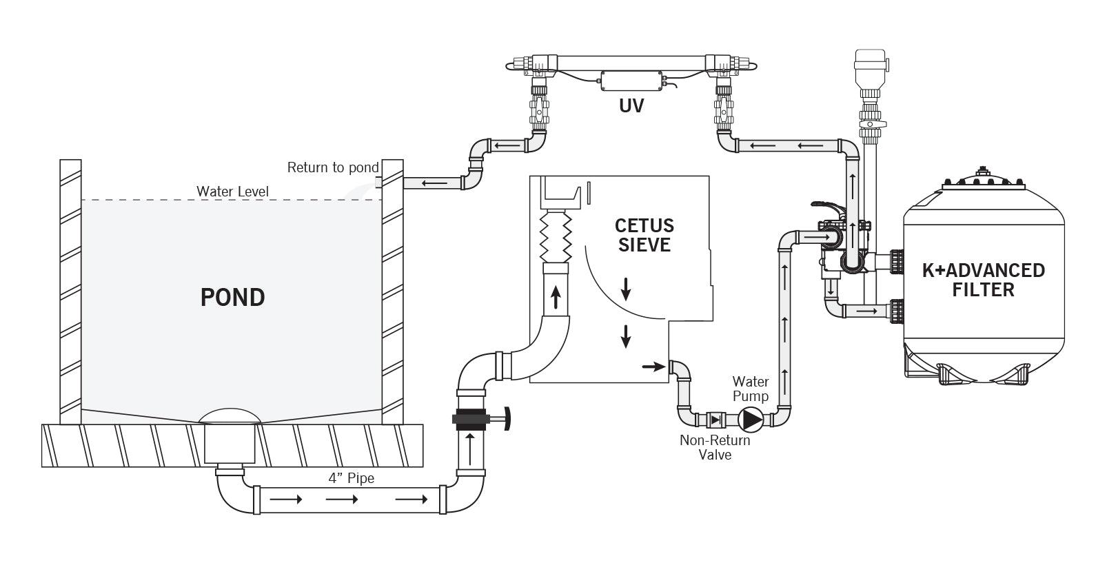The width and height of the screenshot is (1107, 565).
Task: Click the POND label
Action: (x=232, y=298)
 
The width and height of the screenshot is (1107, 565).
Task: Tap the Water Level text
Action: (x=232, y=191)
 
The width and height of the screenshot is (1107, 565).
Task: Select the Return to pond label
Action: (x=332, y=167)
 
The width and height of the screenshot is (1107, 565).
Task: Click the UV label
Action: (x=631, y=107)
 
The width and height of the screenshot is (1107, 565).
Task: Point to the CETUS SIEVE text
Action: (x=644, y=235)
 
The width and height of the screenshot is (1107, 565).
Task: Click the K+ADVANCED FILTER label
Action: (x=983, y=280)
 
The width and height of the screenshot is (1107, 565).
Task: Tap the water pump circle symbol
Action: (x=750, y=418)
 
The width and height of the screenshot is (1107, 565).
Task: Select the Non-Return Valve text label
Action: (x=715, y=447)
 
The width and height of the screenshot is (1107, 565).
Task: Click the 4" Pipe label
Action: (x=352, y=478)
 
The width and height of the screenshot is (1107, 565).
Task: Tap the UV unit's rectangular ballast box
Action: (x=631, y=81)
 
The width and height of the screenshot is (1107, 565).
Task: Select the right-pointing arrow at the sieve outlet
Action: (x=649, y=367)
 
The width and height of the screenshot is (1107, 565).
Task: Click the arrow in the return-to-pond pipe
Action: (x=434, y=183)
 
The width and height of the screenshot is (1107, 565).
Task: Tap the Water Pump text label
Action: (x=750, y=389)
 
